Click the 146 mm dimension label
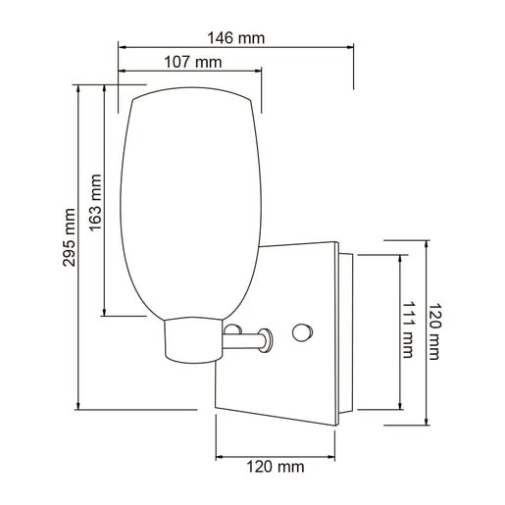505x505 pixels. pos(236,37)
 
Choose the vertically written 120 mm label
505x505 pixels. pos(437,331)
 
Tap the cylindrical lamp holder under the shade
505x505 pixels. pos(192,339)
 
